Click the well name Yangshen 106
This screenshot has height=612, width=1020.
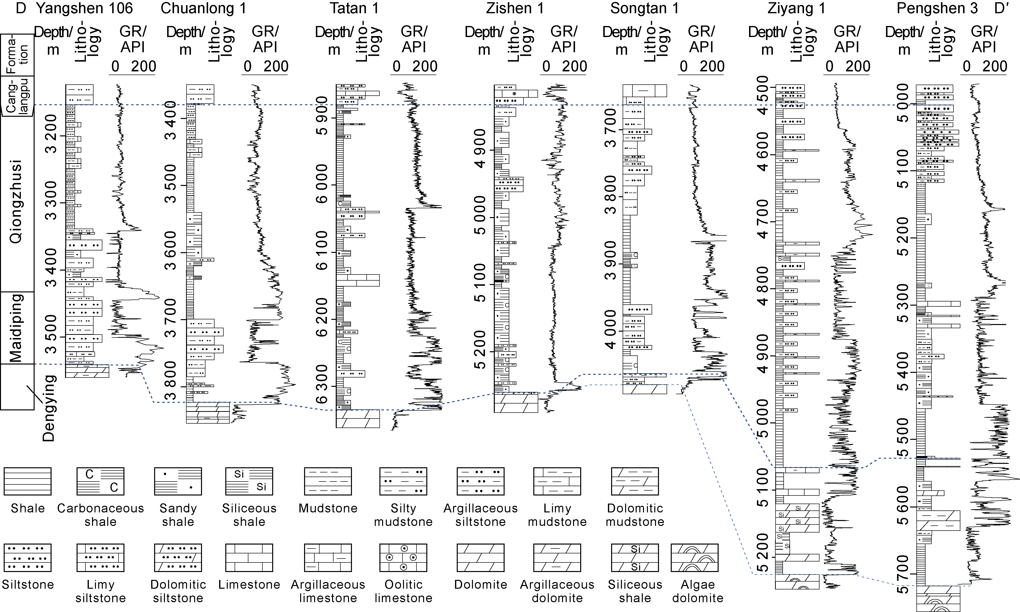(85, 8)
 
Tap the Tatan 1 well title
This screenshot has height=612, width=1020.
(354, 8)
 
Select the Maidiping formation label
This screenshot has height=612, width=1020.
(16, 328)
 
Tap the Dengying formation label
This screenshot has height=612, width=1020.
(49, 408)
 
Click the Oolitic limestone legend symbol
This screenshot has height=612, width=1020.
(403, 558)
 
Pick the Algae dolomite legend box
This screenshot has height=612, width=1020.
(695, 558)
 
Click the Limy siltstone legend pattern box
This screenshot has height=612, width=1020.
(100, 558)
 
